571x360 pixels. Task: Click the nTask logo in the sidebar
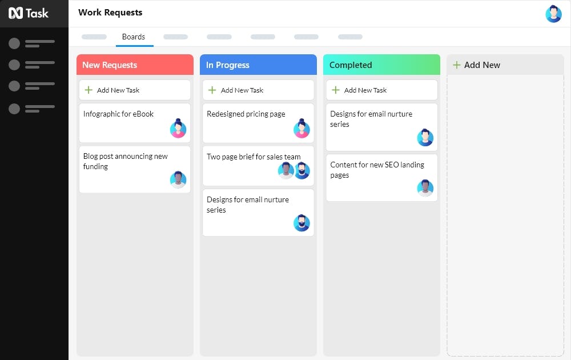coord(29,13)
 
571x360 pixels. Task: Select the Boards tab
coord(134,37)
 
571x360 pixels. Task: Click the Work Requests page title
coord(110,13)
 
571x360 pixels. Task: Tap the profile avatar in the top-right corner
coord(553,14)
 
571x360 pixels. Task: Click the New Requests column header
coord(135,65)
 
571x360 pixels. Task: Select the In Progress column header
coord(258,65)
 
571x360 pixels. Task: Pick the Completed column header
coord(381,65)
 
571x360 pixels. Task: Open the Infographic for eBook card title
coord(118,114)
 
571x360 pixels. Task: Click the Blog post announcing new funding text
coord(125,161)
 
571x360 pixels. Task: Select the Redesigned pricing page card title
coord(246,114)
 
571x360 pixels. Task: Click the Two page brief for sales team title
coord(254,157)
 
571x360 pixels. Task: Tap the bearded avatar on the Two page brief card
coord(302,170)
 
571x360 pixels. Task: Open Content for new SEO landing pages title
coord(377,170)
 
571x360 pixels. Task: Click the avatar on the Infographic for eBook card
coord(178,128)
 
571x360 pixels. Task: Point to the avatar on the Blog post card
coord(178,179)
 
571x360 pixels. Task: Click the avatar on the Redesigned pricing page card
coord(302,128)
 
